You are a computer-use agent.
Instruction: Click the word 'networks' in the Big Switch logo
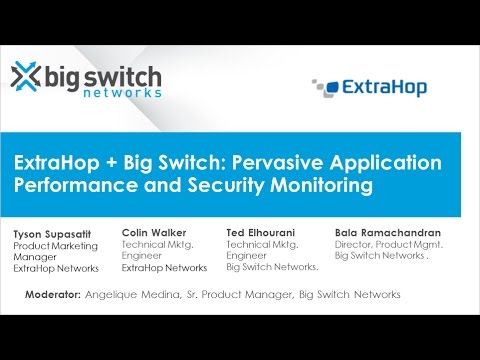(123, 92)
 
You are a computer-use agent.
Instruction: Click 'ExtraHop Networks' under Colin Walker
(164, 268)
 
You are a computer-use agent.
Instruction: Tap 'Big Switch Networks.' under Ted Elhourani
(272, 268)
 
